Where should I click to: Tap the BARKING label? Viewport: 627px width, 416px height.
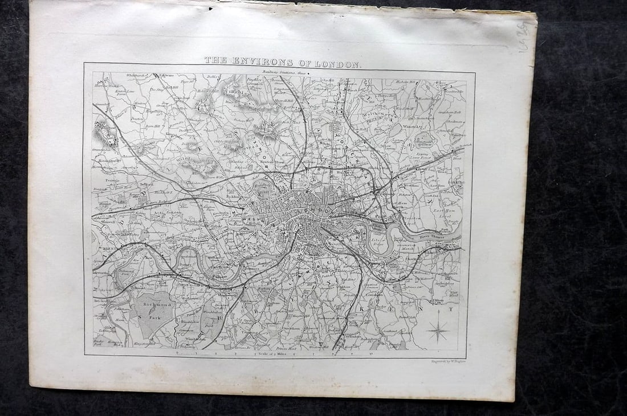point(457,182)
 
